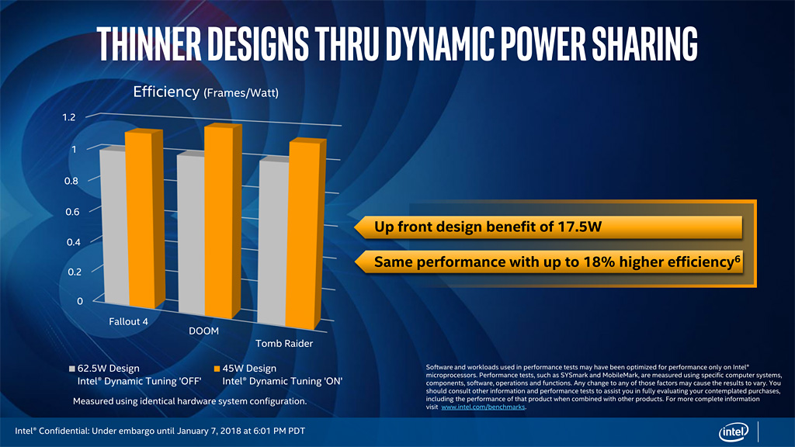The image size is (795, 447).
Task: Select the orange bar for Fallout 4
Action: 141,221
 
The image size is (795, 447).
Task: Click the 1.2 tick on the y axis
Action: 69,117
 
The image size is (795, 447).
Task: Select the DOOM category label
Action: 203,331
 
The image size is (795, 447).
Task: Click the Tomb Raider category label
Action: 284,343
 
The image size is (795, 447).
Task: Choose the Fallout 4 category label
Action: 129,321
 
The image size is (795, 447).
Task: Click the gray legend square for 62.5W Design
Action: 71,369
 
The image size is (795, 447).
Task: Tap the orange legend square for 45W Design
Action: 217,369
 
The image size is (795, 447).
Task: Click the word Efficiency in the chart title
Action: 166,92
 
